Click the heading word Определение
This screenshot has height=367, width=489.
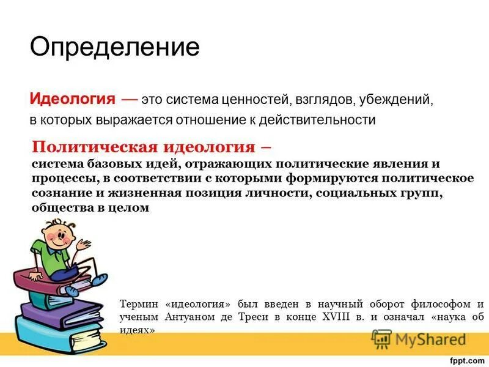tap(115, 47)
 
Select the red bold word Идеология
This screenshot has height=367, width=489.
tap(73, 99)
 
